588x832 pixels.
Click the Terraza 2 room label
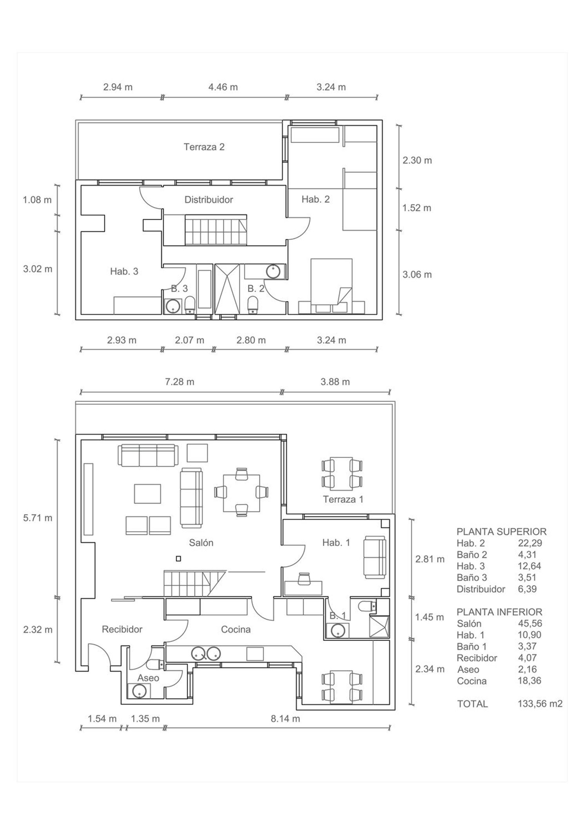tap(204, 147)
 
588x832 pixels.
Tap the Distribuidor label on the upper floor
tap(209, 199)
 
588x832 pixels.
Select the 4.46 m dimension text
tap(223, 87)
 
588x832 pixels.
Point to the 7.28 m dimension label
tap(180, 381)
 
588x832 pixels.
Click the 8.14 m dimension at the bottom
tap(285, 718)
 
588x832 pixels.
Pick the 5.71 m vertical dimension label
tap(38, 518)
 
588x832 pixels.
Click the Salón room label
tap(201, 543)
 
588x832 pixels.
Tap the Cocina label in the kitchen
tap(236, 629)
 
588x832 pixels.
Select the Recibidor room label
tap(122, 629)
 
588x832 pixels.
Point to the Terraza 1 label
tap(343, 499)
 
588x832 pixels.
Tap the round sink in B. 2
tap(272, 271)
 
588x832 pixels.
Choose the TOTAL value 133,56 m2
tap(540, 703)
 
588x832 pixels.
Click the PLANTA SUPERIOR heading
tap(501, 532)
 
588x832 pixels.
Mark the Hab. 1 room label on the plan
tap(336, 543)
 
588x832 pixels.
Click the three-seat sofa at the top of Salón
tap(149, 455)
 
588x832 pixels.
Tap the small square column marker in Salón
tap(178, 559)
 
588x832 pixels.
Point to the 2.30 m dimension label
tap(417, 160)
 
